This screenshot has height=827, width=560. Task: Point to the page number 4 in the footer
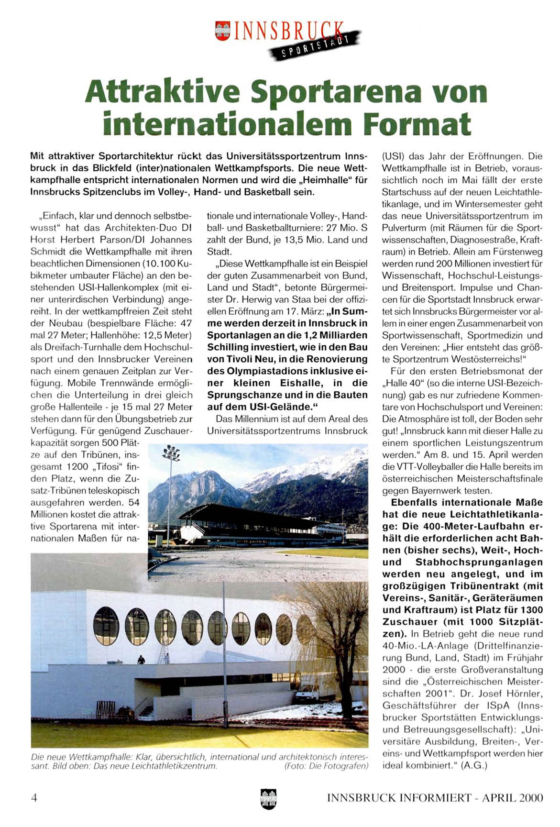pos(34,797)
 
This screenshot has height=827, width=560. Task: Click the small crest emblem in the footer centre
pos(268,798)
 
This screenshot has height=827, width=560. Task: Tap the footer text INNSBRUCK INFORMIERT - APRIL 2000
pos(435,797)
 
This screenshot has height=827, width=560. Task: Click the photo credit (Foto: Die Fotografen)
pos(326,766)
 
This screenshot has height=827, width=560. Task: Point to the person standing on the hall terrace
pos(141,660)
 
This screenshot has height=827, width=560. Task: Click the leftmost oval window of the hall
pos(106,625)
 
